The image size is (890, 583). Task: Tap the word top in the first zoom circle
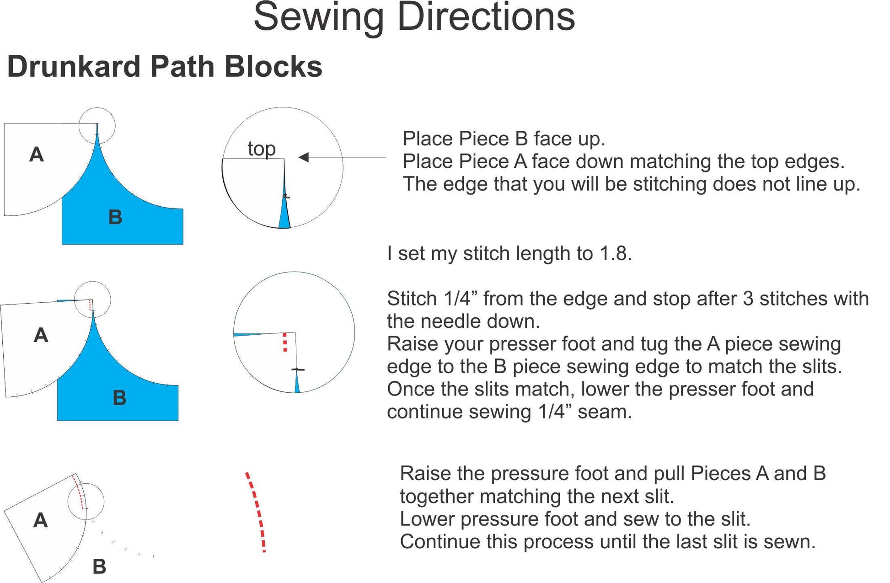coord(262,149)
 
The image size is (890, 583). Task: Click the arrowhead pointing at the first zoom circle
coord(303,157)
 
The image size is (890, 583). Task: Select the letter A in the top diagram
coord(37,155)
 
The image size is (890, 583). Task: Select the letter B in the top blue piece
coord(115,217)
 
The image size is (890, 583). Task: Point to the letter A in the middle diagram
coord(41,335)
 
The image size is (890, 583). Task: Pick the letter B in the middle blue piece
coord(119,398)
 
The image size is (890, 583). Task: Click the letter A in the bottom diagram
coord(40,520)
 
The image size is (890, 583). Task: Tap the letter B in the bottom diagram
coord(99,567)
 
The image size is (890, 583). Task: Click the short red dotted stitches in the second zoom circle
coord(285,342)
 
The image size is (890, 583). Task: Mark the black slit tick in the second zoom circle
coord(298,369)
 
